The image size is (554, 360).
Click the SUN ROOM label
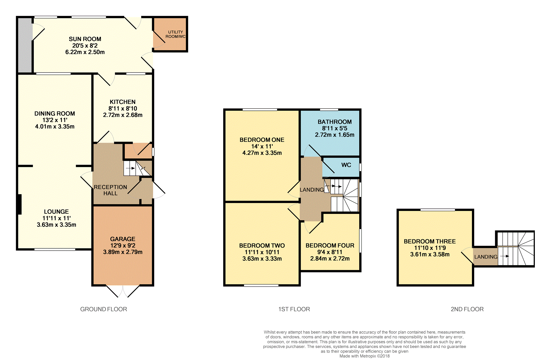tap(85, 39)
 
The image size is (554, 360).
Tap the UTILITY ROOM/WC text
tap(175, 34)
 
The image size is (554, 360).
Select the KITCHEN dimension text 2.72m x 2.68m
tap(123, 115)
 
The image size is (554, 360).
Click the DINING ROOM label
tap(55, 114)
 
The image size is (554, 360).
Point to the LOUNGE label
tap(56, 211)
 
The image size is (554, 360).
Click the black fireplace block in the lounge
tap(19, 204)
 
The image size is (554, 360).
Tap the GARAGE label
tap(123, 239)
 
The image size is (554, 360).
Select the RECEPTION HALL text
tap(110, 190)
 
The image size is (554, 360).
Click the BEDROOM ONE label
tap(262, 140)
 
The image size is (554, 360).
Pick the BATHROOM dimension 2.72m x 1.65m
tap(335, 135)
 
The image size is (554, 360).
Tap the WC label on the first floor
tap(346, 165)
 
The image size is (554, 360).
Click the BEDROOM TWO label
tap(262, 246)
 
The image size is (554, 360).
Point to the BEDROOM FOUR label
tap(330, 245)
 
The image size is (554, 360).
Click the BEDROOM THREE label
tap(430, 241)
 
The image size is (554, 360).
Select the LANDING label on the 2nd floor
tap(486, 257)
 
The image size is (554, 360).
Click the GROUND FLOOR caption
tap(103, 309)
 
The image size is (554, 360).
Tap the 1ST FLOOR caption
tap(294, 309)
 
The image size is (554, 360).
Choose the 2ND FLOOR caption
tap(467, 309)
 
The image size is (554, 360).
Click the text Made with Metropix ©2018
tap(364, 356)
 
